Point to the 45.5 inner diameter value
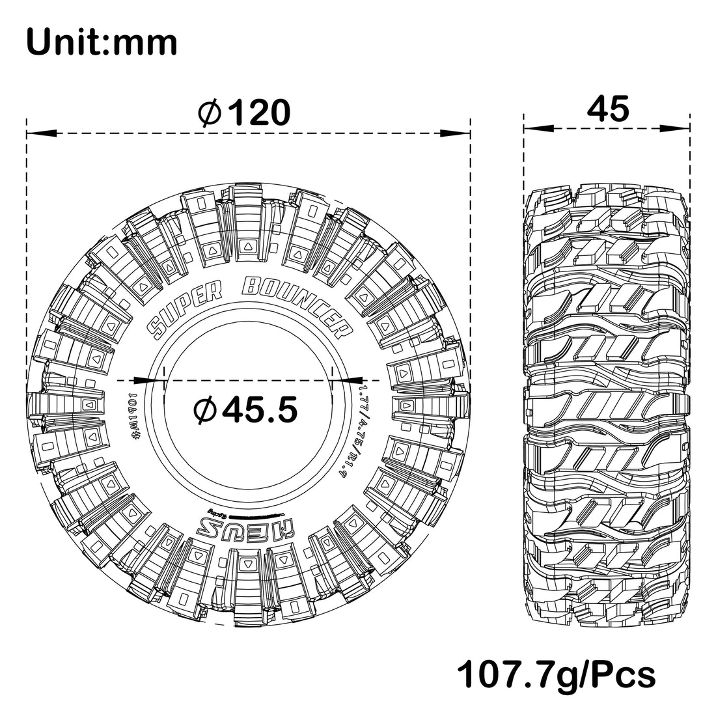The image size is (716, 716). pos(260,409)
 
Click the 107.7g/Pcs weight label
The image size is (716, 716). pos(557,674)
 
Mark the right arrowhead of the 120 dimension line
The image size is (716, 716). pos(459,133)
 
